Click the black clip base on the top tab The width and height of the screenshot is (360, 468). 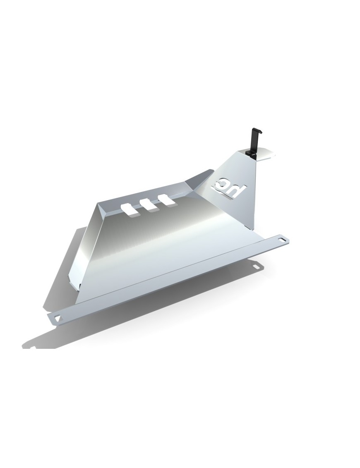(x=250, y=153)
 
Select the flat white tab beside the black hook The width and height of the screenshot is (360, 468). (x=264, y=154)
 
